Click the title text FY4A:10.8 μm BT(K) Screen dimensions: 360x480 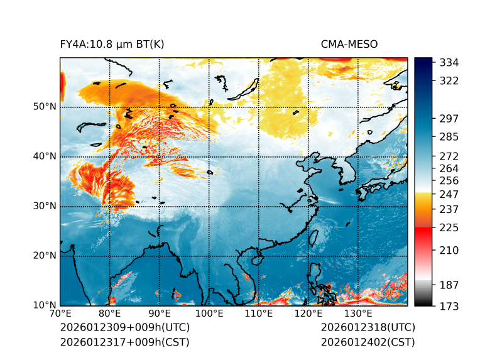(x=112, y=44)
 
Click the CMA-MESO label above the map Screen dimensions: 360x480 (x=349, y=44)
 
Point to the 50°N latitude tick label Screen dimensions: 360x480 (x=45, y=107)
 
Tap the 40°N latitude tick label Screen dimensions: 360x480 (x=45, y=156)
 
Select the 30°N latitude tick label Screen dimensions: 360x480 (x=45, y=206)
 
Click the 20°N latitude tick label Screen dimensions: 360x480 (x=45, y=256)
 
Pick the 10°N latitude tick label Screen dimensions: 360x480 (x=45, y=305)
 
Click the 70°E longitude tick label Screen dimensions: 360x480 (x=60, y=314)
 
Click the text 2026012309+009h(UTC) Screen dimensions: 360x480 (x=124, y=328)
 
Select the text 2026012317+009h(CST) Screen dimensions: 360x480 (x=124, y=342)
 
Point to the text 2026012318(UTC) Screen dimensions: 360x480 (x=368, y=328)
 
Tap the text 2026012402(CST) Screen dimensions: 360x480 (x=368, y=342)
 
